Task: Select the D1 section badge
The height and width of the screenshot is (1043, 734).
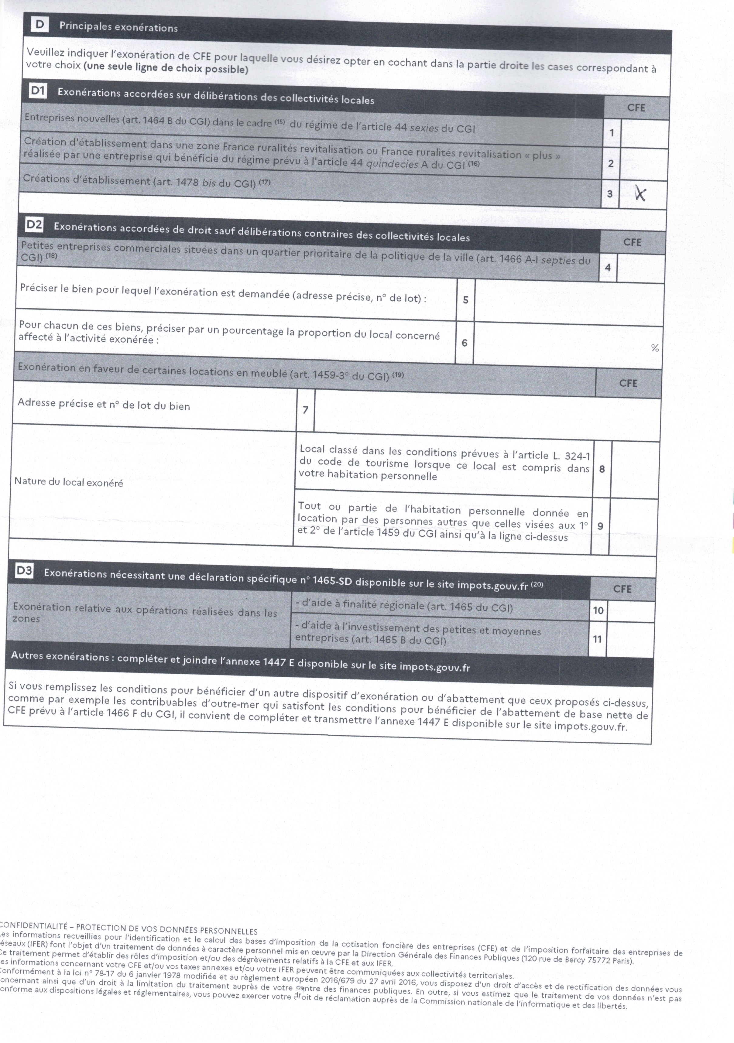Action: pos(38,91)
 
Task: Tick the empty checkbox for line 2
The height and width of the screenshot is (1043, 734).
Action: pos(643,164)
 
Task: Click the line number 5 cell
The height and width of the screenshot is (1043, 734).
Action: pos(465,300)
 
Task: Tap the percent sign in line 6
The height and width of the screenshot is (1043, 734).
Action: pos(654,348)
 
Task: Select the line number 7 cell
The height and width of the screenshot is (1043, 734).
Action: pos(305,410)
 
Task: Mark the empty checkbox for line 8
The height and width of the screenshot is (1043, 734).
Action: pos(635,470)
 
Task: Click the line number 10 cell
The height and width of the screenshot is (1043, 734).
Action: pos(598,610)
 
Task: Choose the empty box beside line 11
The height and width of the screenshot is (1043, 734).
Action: pos(629,640)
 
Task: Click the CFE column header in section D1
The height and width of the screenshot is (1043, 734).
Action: pos(636,108)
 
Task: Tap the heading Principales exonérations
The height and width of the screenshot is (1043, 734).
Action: pos(118,27)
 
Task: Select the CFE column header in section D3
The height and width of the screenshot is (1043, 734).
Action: pos(622,589)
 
